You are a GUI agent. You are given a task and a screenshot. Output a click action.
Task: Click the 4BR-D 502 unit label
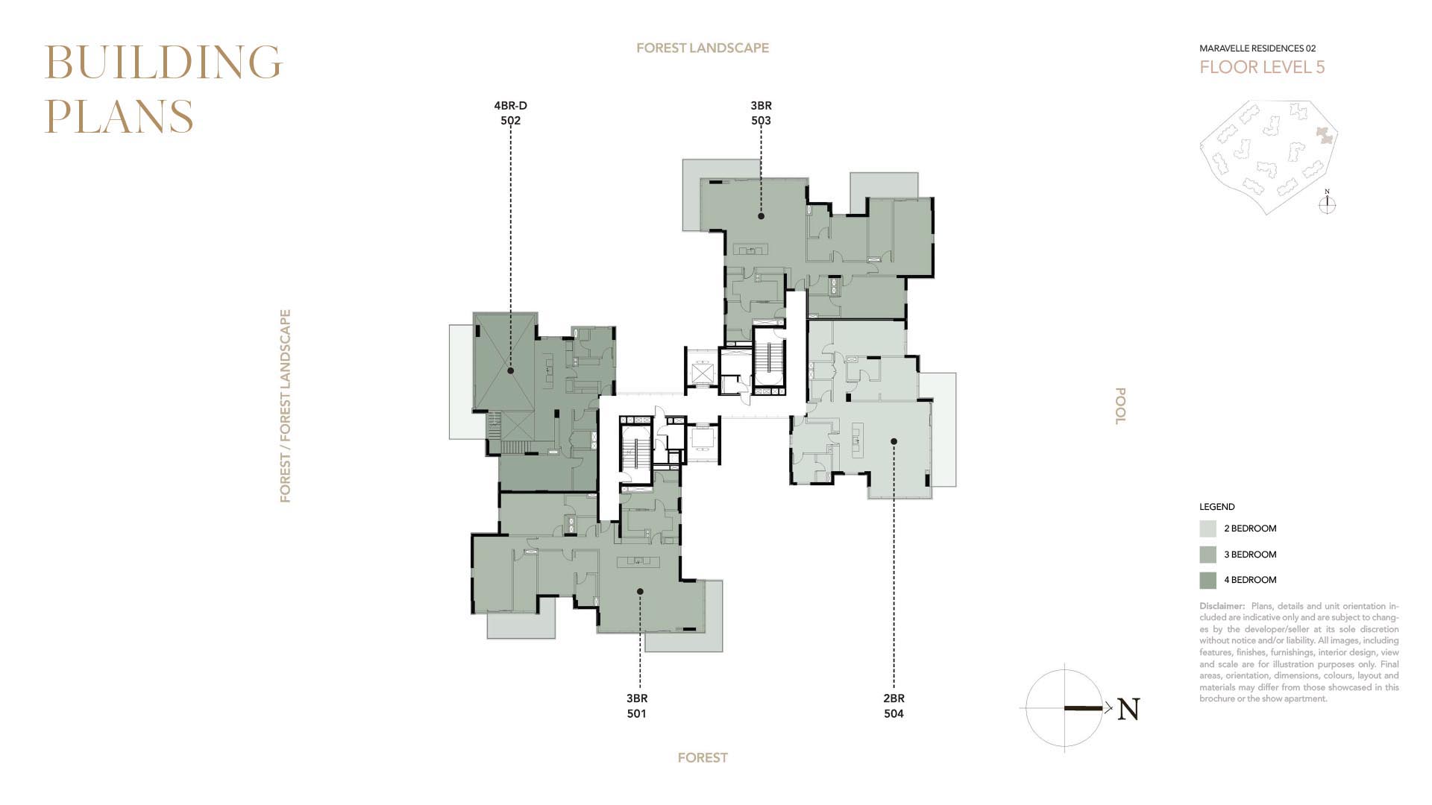510,113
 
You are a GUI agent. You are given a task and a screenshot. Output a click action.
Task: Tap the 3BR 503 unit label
761,113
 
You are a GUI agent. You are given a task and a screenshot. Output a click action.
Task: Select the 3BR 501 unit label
637,706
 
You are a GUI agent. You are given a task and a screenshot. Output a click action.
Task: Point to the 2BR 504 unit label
894,706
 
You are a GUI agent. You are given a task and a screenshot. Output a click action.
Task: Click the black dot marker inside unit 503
761,216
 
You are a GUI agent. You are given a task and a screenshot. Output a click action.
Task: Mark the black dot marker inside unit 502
510,370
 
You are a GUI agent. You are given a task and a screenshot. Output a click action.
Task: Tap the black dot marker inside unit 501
640,592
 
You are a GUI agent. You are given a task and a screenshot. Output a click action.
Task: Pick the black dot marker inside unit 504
894,442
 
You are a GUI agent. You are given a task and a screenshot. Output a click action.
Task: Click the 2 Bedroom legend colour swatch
1208,528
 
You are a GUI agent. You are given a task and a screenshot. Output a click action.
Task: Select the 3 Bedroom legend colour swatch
1208,555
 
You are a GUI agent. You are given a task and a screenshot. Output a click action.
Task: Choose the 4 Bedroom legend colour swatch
1208,580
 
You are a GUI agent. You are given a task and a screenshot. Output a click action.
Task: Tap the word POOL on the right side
1119,406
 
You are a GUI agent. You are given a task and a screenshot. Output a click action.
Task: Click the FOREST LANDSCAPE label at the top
703,48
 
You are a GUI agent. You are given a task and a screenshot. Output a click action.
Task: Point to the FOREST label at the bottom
703,758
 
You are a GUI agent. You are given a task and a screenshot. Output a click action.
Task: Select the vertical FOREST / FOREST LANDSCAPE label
285,406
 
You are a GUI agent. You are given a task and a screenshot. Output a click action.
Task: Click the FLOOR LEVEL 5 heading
1262,67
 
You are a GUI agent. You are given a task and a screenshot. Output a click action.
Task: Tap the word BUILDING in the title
163,62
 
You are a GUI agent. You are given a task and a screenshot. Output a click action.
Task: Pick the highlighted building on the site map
1324,135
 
